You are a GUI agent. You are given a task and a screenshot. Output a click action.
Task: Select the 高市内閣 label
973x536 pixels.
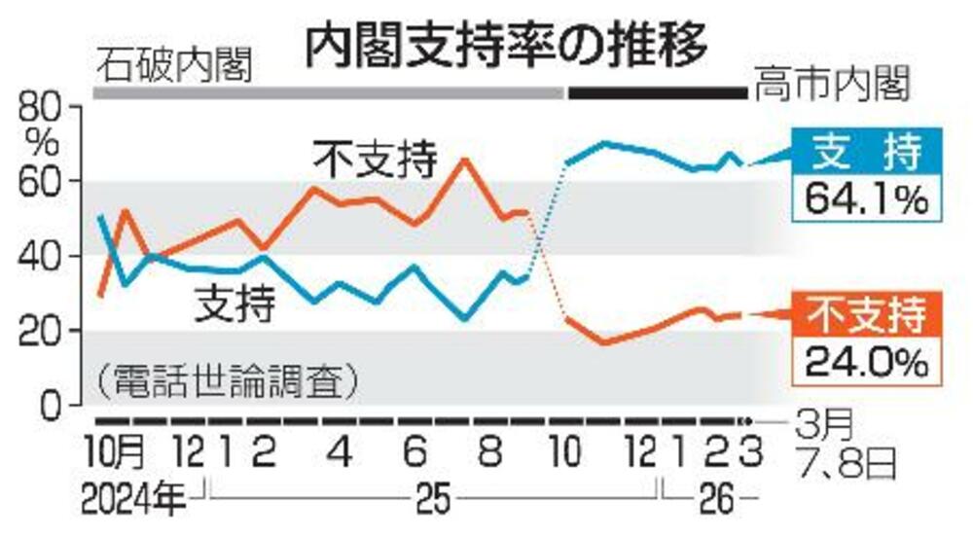click(829, 89)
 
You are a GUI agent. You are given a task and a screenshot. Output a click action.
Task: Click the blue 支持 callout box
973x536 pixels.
click(864, 153)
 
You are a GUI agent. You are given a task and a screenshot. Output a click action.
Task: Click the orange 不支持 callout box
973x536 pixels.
click(864, 318)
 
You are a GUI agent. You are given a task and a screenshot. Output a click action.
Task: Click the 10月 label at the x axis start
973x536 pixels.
click(116, 453)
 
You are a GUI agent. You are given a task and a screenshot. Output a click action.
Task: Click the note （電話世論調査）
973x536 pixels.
click(226, 378)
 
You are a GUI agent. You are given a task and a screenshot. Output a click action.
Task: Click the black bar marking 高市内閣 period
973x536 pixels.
click(656, 93)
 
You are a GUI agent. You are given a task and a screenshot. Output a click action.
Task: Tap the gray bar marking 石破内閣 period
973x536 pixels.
click(329, 93)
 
